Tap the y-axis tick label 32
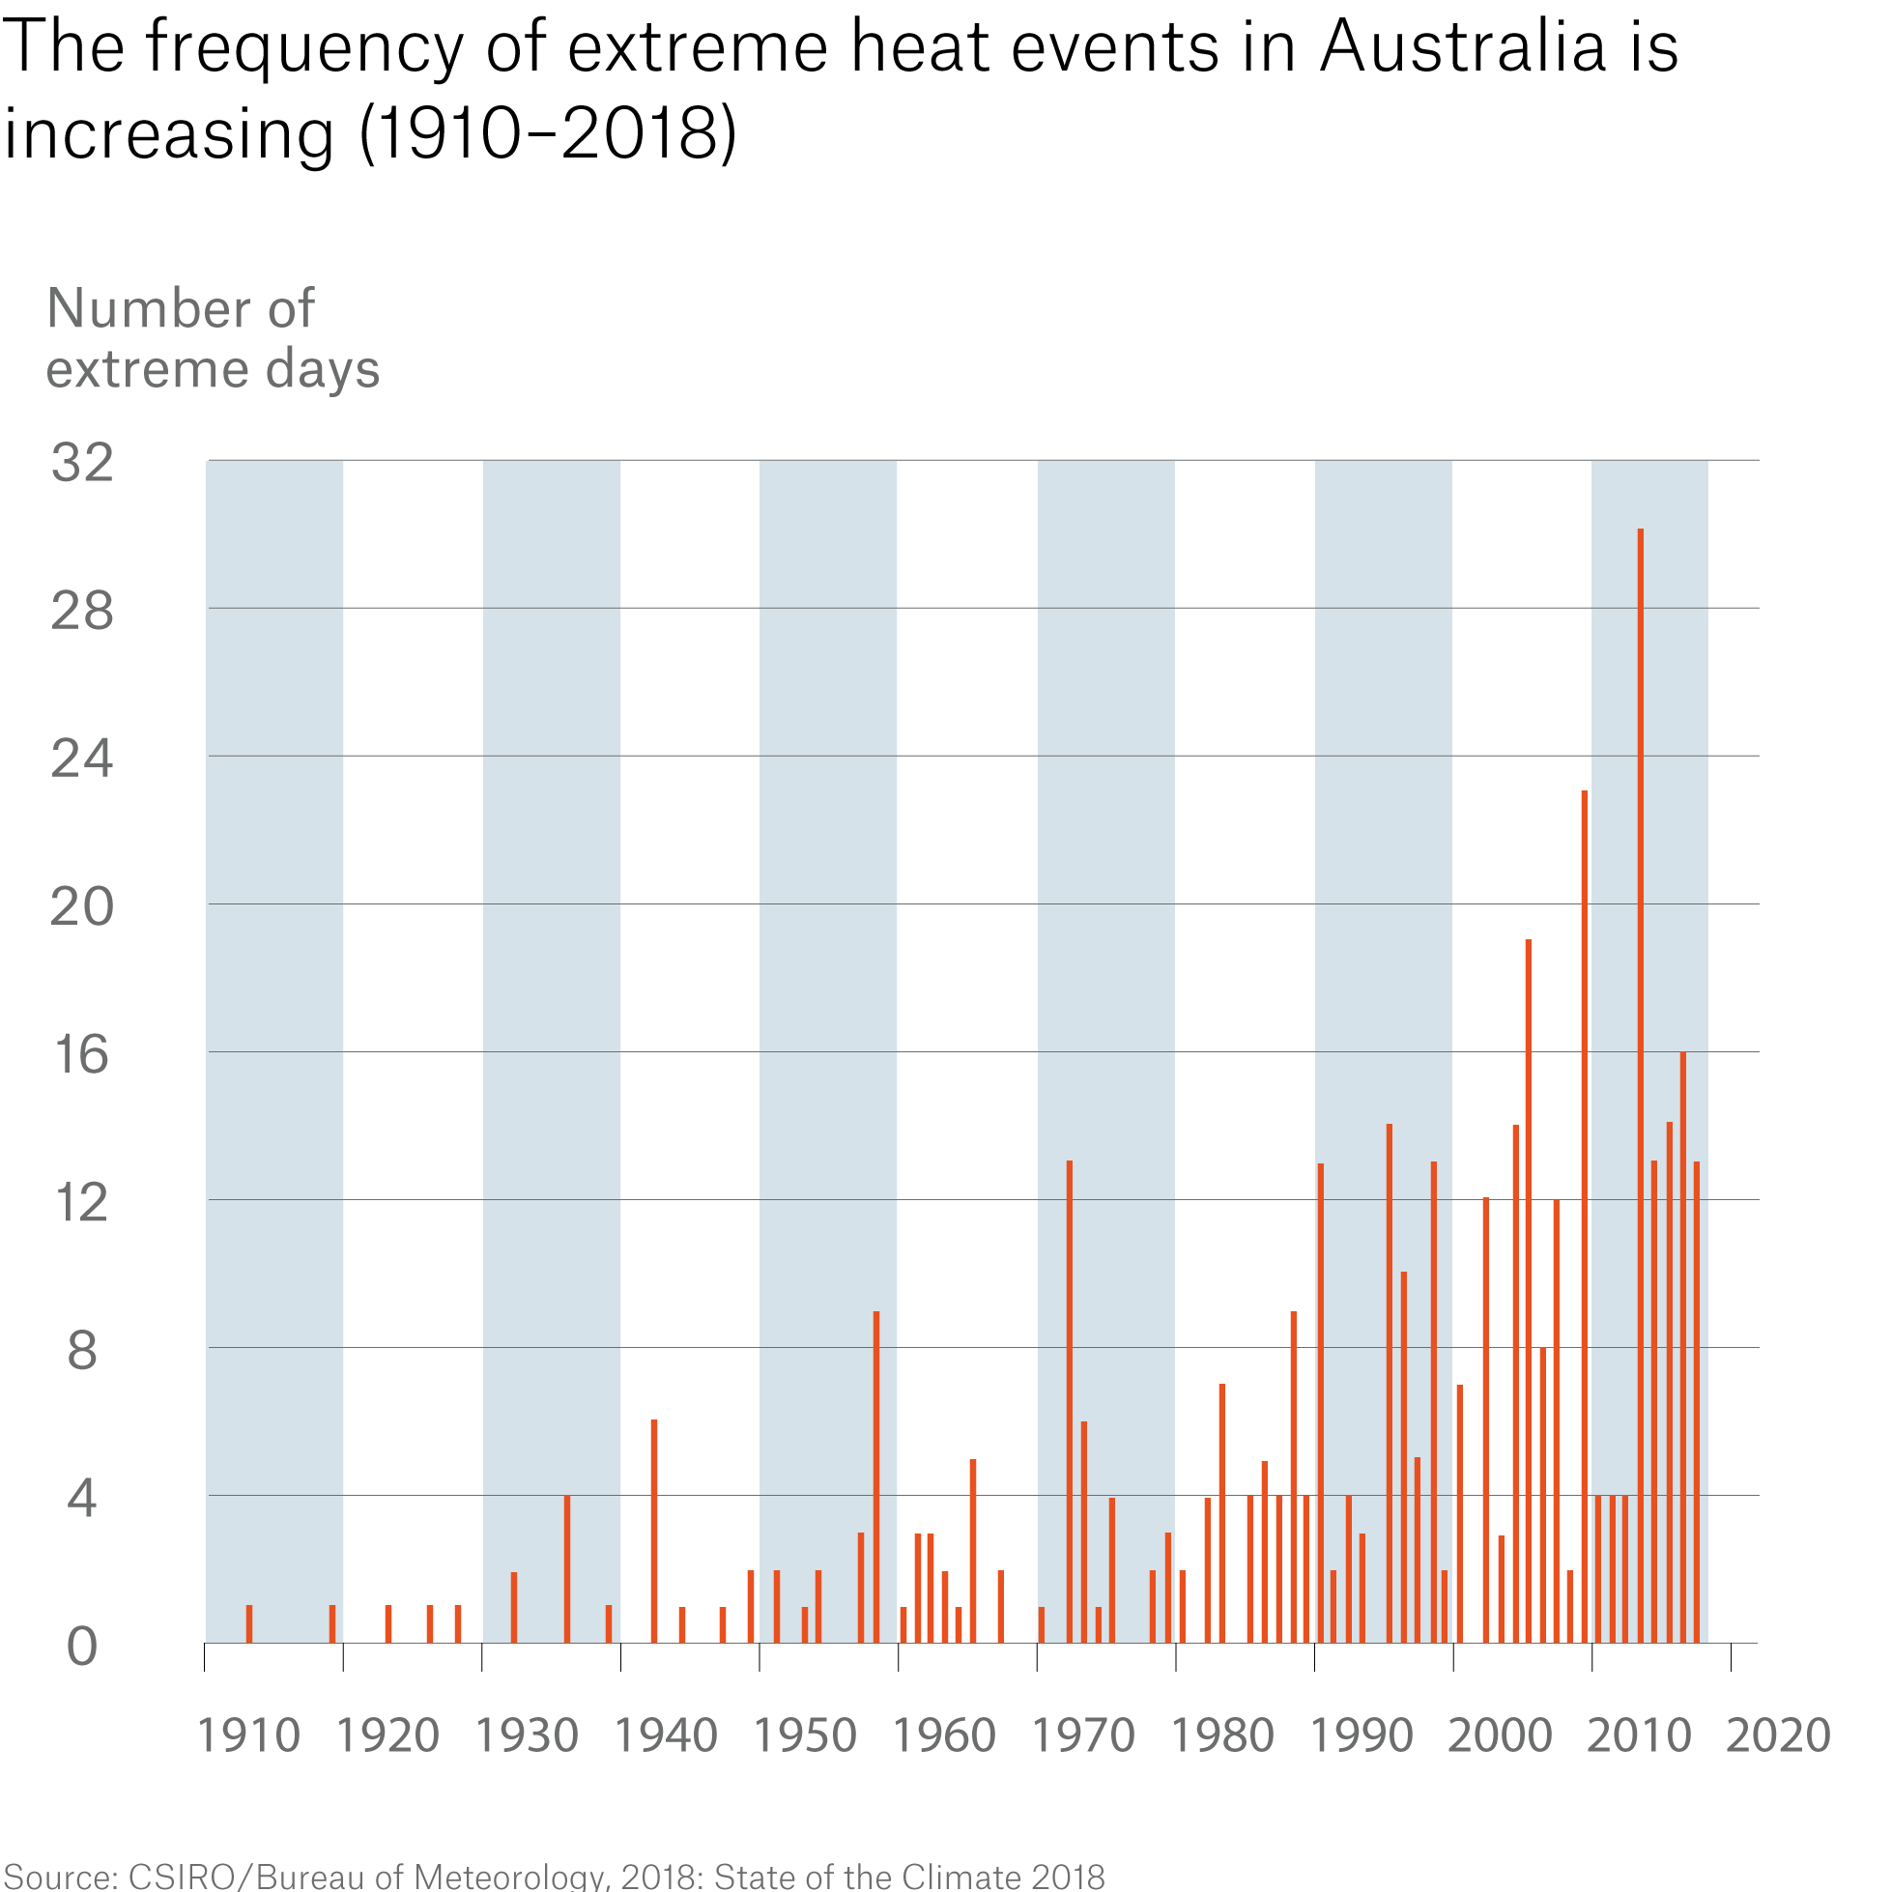click(82, 463)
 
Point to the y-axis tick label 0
click(82, 1648)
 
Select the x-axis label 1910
click(248, 1736)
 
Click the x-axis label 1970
click(1083, 1736)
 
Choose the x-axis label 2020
click(1777, 1736)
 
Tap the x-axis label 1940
click(666, 1736)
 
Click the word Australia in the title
click(1462, 47)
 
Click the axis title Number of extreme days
click(212, 338)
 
